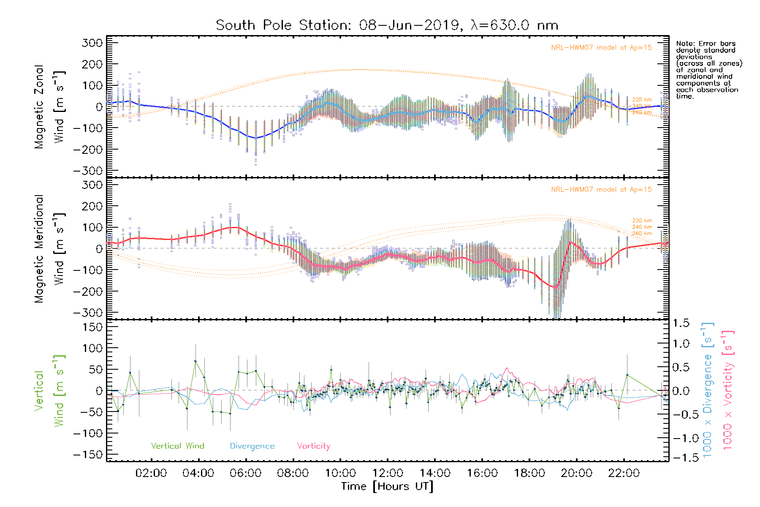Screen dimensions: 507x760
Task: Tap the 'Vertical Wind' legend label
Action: click(x=177, y=446)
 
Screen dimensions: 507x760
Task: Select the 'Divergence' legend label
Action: click(x=252, y=446)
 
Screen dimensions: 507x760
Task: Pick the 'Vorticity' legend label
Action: click(x=313, y=446)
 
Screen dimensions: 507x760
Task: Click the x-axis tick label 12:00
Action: click(x=388, y=473)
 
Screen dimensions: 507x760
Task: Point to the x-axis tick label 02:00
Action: click(x=151, y=473)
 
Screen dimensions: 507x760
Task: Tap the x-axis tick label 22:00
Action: click(x=624, y=473)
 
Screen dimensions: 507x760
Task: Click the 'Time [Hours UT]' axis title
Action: click(x=387, y=486)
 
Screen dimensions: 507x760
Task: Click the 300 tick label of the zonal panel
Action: click(x=92, y=43)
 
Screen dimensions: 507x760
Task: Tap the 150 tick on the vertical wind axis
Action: click(x=92, y=327)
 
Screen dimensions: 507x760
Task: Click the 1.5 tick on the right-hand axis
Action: click(x=681, y=323)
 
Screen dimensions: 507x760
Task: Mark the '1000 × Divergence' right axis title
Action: click(x=707, y=390)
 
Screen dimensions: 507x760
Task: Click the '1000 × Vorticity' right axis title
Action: click(x=727, y=390)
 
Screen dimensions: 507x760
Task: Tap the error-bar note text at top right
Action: click(x=708, y=70)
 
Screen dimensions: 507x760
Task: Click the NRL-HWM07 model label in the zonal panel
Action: click(x=601, y=48)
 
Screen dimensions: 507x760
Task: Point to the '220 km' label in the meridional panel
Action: click(x=642, y=221)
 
